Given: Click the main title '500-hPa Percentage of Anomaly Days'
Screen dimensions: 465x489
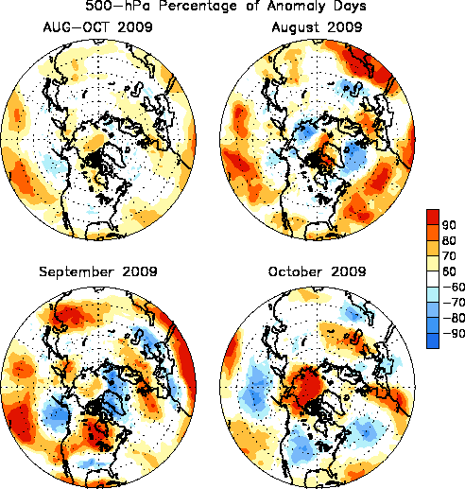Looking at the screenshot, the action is [x=226, y=6].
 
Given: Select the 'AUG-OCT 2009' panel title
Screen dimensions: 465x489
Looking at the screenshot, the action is [x=98, y=27].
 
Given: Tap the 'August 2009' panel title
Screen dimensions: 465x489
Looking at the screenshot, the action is [x=317, y=27].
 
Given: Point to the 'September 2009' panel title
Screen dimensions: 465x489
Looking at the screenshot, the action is [x=98, y=271].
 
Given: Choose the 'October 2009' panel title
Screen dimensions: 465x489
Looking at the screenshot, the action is [x=317, y=271].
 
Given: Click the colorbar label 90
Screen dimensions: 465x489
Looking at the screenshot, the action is [x=449, y=225].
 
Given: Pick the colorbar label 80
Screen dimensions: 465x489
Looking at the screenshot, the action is [x=449, y=240].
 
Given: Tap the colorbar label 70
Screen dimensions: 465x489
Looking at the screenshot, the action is [x=449, y=256].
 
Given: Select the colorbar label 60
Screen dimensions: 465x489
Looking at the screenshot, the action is [x=449, y=271].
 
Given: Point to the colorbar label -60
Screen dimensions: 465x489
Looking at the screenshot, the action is [x=454, y=287].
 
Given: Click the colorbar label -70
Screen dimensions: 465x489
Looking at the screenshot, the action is [x=454, y=303].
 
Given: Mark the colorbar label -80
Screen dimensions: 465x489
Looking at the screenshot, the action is [x=454, y=318].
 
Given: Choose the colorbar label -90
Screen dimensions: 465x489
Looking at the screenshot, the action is [x=454, y=333].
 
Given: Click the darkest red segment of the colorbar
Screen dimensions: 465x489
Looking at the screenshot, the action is [x=433, y=217].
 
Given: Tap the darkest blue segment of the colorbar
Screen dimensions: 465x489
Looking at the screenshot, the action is [x=433, y=341].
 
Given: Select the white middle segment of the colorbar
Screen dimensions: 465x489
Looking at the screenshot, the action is [x=433, y=279].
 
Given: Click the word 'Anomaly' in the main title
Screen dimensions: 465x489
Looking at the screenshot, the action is [x=295, y=7].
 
